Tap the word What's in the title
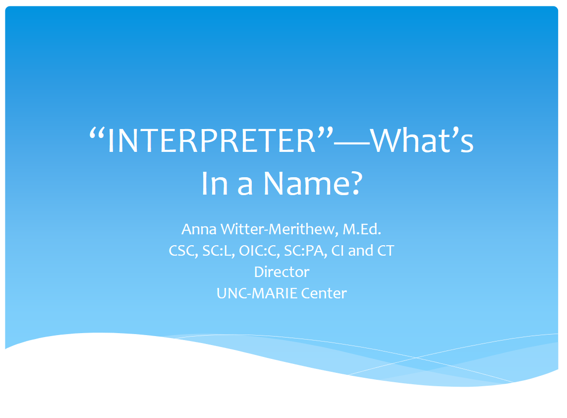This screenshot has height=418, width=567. coord(422,141)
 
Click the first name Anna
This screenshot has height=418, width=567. coord(197,229)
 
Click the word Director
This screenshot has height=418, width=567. coord(282,272)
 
